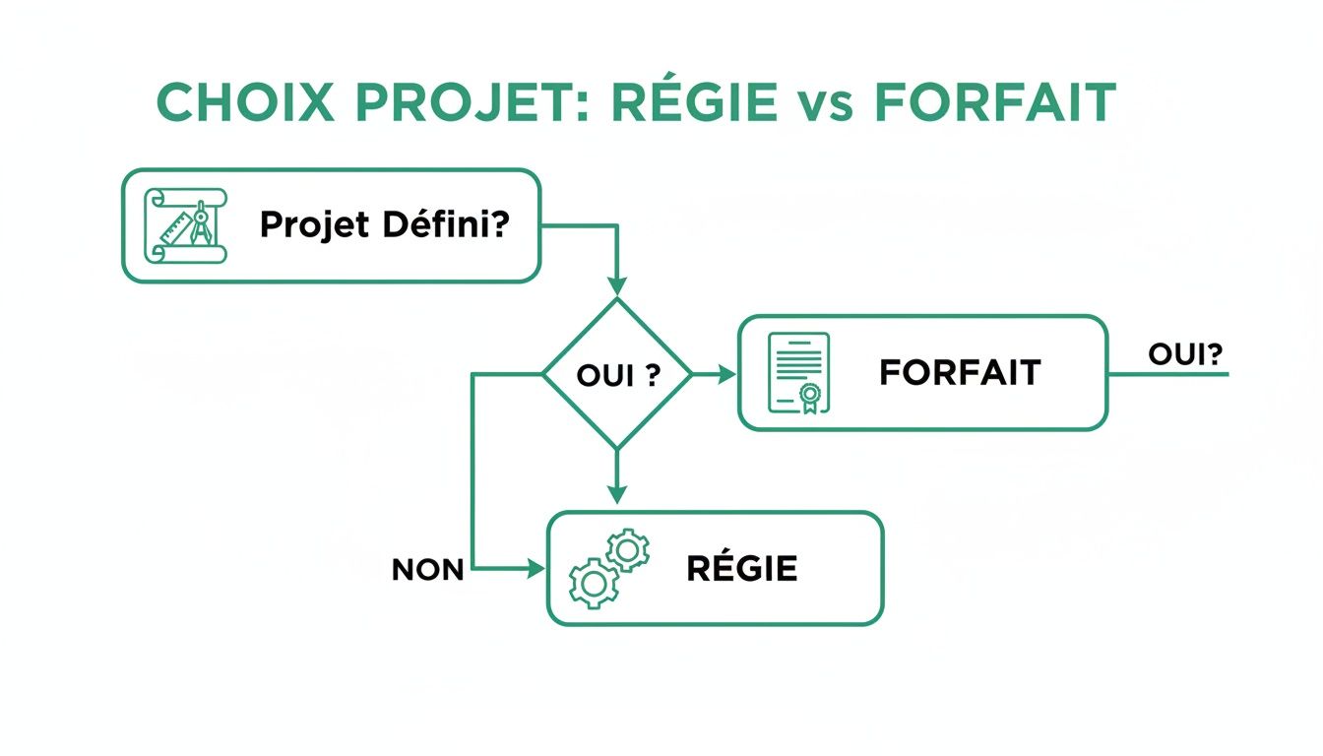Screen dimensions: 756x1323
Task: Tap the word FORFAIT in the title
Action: click(994, 102)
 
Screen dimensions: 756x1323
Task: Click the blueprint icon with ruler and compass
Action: click(186, 225)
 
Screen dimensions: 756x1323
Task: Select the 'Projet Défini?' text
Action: click(384, 225)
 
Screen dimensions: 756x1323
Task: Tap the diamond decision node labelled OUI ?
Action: click(617, 374)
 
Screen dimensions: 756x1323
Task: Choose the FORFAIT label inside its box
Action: click(960, 372)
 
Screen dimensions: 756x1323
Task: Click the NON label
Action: click(427, 570)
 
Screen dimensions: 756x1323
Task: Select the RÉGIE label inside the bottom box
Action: click(742, 569)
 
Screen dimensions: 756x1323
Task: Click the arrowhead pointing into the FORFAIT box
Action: click(728, 374)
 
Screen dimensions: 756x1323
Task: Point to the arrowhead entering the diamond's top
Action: click(617, 287)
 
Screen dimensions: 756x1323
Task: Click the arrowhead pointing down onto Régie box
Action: click(617, 495)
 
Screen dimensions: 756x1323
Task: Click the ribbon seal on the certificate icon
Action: click(809, 397)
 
